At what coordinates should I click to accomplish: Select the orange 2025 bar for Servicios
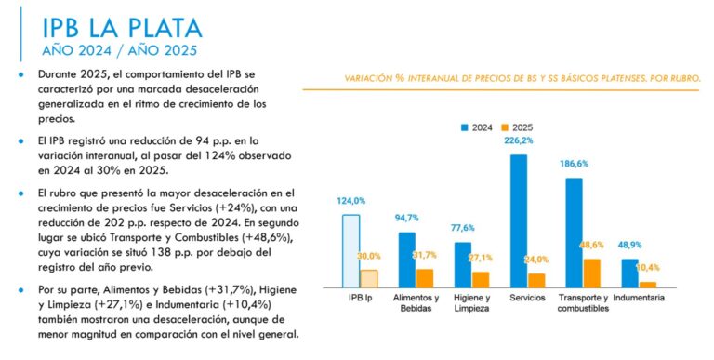pos(536,280)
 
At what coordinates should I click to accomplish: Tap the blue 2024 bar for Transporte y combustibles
pos(574,233)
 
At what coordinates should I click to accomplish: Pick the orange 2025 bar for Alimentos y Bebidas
pos(425,278)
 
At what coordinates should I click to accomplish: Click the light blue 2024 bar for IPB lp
pos(350,251)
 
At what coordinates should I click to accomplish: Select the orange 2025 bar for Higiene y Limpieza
pos(481,279)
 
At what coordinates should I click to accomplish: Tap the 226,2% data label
pos(519,141)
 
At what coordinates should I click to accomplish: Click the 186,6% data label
pos(575,164)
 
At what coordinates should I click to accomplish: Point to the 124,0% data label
pos(350,201)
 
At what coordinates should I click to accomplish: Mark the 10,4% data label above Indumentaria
pos(648,267)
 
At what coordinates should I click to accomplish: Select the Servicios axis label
pos(527,299)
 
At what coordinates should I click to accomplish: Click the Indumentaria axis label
pos(639,299)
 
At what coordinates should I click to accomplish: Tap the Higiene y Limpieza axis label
pos(471,303)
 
